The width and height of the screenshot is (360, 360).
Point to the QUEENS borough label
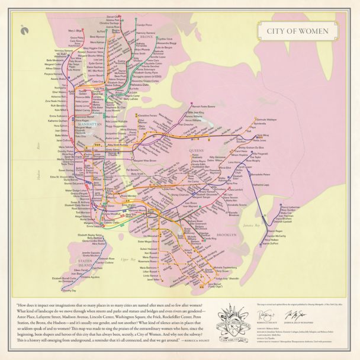pyautogui.click(x=196, y=151)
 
